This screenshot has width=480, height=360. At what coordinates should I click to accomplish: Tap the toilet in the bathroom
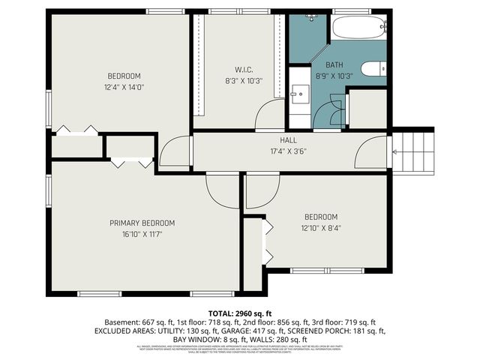(373, 70)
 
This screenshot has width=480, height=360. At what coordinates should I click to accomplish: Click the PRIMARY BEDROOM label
(142, 223)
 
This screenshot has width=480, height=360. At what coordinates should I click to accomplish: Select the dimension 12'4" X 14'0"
(124, 87)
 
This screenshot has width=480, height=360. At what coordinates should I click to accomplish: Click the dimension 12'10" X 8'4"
(319, 228)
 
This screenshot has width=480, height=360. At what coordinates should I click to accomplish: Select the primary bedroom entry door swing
(222, 191)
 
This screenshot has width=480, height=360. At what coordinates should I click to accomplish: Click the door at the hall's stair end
(372, 154)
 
